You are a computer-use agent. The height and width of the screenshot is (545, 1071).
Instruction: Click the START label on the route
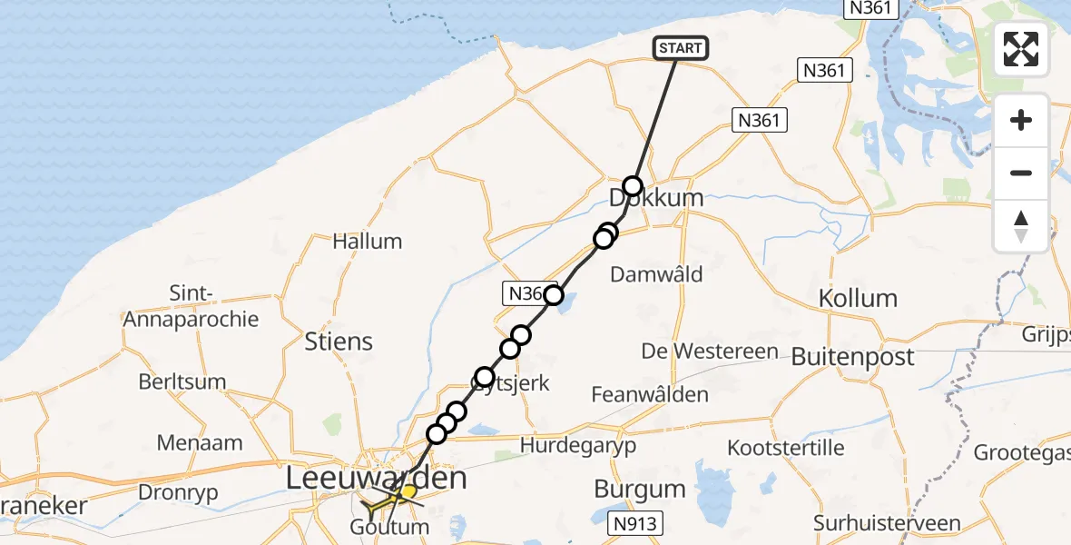coord(680,48)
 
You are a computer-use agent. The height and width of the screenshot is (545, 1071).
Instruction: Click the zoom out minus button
coord(1021,173)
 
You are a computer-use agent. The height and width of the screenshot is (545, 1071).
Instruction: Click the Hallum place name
coord(367,242)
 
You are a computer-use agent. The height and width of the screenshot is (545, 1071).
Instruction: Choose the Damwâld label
coord(657,273)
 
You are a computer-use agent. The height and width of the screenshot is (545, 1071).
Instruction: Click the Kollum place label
coord(857,298)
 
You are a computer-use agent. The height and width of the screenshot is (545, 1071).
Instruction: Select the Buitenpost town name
coord(852,357)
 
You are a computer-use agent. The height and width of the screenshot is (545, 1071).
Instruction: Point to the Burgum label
coord(640,490)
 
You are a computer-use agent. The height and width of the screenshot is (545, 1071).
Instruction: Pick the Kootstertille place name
coord(786,448)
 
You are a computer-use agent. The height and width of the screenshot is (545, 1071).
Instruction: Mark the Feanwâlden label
coord(649,395)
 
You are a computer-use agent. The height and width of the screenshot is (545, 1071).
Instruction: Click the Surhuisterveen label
coord(887,523)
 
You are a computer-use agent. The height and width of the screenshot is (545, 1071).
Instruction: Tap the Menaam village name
coord(200,443)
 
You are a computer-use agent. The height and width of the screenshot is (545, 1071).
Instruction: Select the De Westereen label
coord(710,352)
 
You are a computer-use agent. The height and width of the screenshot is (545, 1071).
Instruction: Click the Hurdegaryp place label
coord(578,445)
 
